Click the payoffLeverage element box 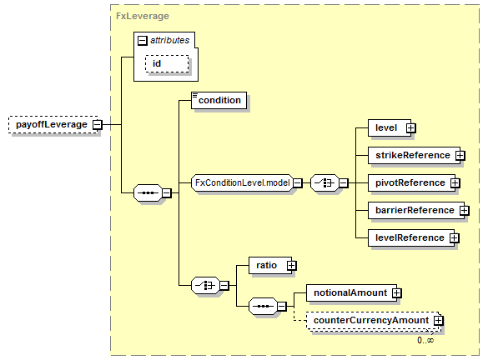[53, 125]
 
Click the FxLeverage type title [143, 16]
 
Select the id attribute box [167, 63]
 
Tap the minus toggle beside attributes [143, 40]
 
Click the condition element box [219, 100]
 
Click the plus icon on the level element [410, 128]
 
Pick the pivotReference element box [411, 182]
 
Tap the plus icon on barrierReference [465, 211]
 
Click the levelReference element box [411, 237]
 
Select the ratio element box [270, 265]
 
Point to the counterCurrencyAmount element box [373, 321]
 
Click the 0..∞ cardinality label [425, 340]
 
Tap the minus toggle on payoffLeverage [98, 125]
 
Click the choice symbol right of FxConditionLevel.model [324, 182]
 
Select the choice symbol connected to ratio [205, 285]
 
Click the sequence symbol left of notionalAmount [263, 306]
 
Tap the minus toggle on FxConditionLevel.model [298, 183]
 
